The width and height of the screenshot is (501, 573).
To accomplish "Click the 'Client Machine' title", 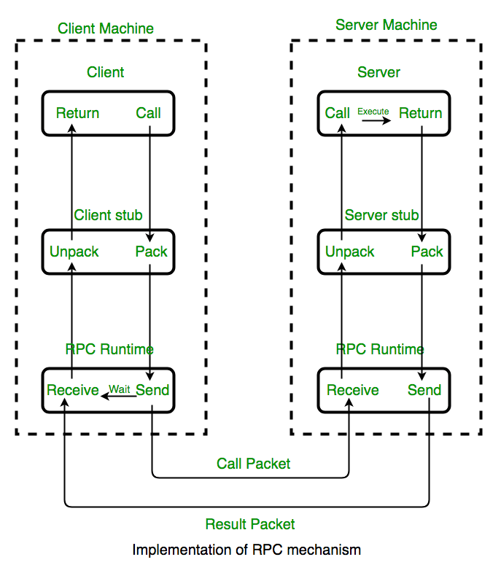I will [106, 29].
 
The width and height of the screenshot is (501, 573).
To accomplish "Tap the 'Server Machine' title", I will [387, 25].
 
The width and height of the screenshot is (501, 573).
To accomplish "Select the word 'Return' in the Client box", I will [77, 113].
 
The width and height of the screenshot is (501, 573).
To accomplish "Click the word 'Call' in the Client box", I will [148, 113].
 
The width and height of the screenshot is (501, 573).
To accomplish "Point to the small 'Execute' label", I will [373, 112].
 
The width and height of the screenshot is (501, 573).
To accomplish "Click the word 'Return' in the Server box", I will [420, 113].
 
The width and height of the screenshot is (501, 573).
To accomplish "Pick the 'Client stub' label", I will [108, 215].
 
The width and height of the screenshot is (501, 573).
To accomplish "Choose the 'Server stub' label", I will [381, 215].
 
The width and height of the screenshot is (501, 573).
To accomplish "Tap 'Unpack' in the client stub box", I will [74, 252].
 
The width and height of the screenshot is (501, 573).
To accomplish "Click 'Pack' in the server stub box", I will [427, 252].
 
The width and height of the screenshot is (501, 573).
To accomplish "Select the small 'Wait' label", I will [120, 389].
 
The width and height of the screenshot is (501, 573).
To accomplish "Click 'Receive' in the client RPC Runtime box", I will [73, 390].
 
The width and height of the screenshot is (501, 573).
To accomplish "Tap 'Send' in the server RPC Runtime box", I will [424, 390].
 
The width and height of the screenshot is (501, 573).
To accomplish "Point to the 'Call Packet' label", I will [254, 464].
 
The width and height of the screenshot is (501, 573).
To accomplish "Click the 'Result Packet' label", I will [250, 524].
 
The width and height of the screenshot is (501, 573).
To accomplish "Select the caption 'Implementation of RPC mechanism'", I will [246, 550].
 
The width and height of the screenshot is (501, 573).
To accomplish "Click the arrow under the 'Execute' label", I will [376, 121].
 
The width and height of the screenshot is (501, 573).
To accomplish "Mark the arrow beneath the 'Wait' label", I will [118, 397].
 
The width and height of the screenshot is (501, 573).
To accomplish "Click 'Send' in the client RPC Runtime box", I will [152, 390].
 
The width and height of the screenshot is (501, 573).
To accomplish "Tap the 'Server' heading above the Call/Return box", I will [378, 72].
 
